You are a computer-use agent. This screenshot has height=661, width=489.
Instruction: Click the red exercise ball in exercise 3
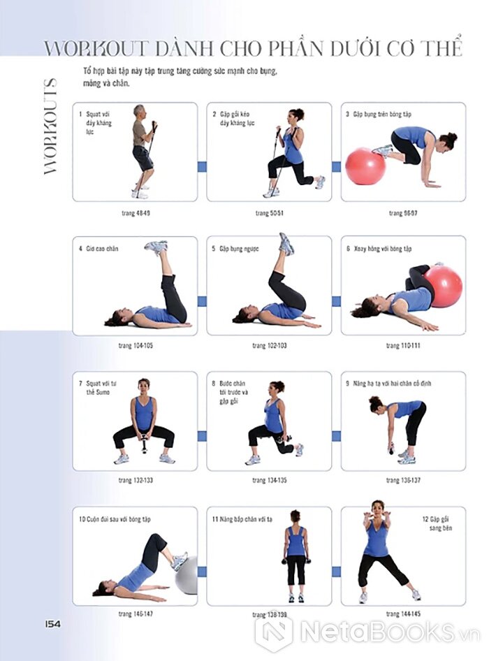(x=365, y=166)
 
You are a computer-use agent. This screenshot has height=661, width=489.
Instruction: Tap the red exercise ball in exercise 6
(x=444, y=286)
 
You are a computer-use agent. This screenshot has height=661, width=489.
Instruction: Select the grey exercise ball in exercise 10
(x=187, y=575)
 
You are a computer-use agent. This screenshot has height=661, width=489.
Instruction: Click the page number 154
(x=52, y=624)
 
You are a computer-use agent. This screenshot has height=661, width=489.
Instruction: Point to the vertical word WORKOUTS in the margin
(x=50, y=126)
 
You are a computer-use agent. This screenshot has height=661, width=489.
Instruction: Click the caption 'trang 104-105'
(x=136, y=346)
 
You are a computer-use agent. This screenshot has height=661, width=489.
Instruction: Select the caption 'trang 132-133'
(x=136, y=480)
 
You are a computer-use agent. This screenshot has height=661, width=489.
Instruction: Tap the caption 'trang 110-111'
(x=403, y=346)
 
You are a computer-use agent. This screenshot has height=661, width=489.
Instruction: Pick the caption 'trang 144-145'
(x=403, y=613)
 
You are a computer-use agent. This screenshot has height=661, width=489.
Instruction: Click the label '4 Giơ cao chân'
(x=98, y=249)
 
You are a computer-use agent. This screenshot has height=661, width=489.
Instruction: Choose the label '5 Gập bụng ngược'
(x=235, y=249)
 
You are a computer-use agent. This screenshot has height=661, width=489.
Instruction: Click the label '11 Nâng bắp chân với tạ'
(x=242, y=519)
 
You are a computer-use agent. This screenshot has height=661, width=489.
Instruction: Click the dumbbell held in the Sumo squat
(x=144, y=444)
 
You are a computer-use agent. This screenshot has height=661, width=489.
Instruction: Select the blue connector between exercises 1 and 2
(x=202, y=166)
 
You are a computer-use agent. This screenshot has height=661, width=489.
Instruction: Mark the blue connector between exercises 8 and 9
(x=336, y=436)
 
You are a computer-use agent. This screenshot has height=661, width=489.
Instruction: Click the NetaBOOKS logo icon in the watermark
(x=274, y=632)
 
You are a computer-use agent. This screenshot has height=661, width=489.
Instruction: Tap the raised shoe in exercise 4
(x=156, y=247)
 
